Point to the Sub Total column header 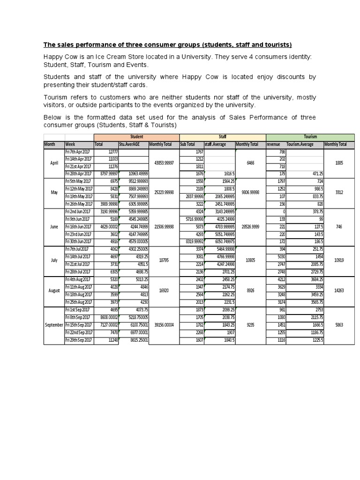tap(187, 144)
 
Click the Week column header tap(71, 144)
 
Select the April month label tap(54, 163)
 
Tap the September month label tap(53, 325)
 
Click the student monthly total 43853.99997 tap(164, 163)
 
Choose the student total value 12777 tap(112, 152)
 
